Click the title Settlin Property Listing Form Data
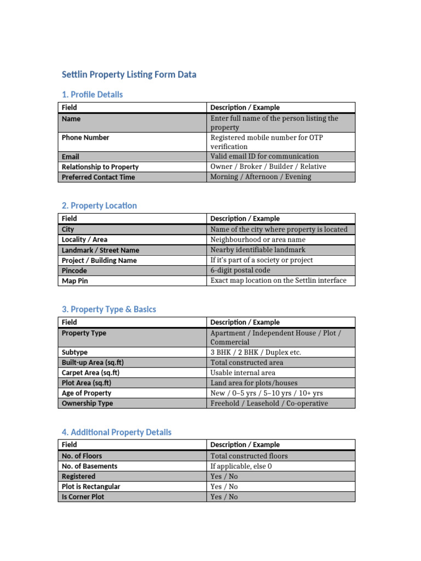pyautogui.click(x=128, y=75)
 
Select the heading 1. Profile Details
pyautogui.click(x=92, y=95)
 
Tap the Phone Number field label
pyautogui.click(x=85, y=138)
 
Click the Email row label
pyautogui.click(x=70, y=157)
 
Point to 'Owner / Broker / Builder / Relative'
pyautogui.click(x=268, y=167)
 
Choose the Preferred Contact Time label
pyautogui.click(x=98, y=177)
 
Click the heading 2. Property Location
pyautogui.click(x=99, y=206)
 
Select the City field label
pyautogui.click(x=68, y=230)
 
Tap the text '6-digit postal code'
pyautogui.click(x=240, y=271)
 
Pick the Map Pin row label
pyautogui.click(x=75, y=281)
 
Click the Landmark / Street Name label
pyautogui.click(x=100, y=250)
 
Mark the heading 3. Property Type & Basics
pyautogui.click(x=109, y=310)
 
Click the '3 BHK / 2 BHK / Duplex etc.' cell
pyautogui.click(x=255, y=352)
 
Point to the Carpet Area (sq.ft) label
pyautogui.click(x=90, y=373)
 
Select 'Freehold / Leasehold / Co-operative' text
pyautogui.click(x=269, y=403)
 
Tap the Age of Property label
pyautogui.click(x=86, y=393)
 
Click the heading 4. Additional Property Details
pyautogui.click(x=116, y=432)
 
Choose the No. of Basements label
pyautogui.click(x=89, y=466)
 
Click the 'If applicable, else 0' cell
pyautogui.click(x=241, y=466)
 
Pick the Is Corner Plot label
pyautogui.click(x=83, y=497)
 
